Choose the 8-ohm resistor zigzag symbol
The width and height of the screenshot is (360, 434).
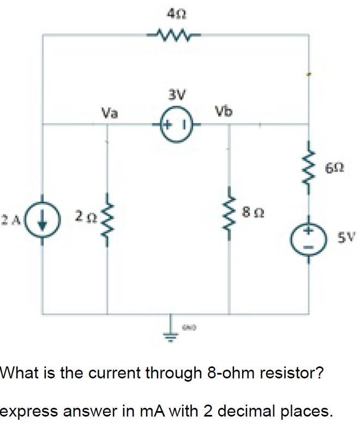pos(229,210)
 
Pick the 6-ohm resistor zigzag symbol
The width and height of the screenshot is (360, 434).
pos(309,164)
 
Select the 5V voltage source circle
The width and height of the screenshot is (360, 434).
pos(309,238)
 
